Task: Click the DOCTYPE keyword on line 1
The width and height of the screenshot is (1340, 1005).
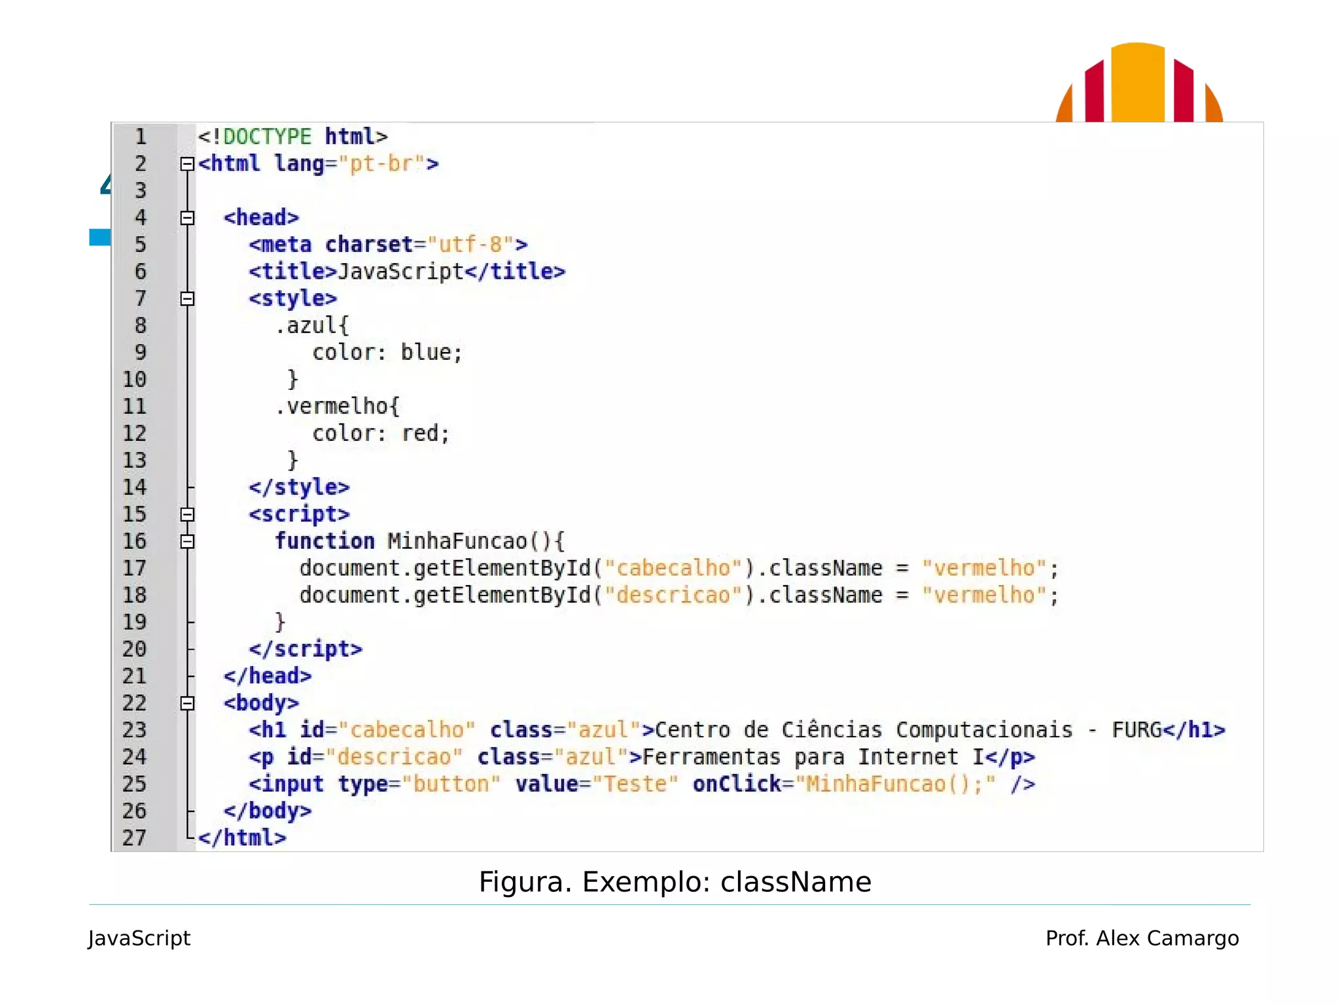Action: pos(267,136)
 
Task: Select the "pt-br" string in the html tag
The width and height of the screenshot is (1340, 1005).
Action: pos(381,163)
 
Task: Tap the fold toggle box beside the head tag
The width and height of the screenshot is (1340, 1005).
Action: pos(188,217)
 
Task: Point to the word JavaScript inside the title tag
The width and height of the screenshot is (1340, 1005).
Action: pos(400,271)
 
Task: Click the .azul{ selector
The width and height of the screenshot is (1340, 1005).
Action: pos(312,325)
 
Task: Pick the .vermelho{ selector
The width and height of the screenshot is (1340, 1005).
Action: pos(337,406)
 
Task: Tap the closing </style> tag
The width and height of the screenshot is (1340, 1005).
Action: pos(299,487)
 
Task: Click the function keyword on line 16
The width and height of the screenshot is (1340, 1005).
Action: pos(325,541)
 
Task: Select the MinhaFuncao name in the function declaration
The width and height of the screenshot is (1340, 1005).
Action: pos(457,541)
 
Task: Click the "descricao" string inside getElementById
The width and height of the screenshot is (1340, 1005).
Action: pos(673,595)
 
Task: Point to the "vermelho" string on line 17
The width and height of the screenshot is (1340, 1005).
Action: pos(983,568)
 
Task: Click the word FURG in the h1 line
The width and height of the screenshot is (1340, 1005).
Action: pos(1137,730)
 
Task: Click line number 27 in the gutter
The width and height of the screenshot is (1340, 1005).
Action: pos(135,837)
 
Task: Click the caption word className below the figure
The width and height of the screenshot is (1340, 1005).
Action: pos(796,882)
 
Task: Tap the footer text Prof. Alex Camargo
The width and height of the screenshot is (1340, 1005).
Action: pos(1142,938)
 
